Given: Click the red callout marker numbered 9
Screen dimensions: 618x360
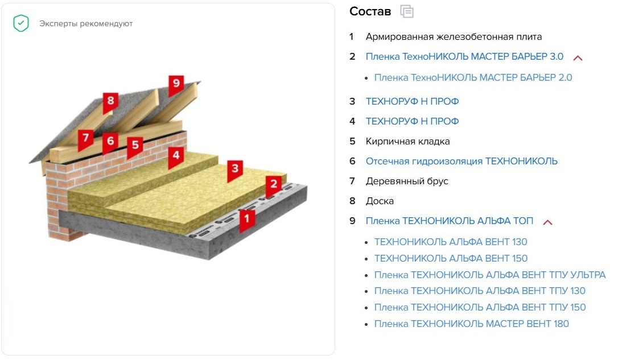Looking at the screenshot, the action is tap(176, 84).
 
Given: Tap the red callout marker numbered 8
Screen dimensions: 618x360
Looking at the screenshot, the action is tap(110, 102).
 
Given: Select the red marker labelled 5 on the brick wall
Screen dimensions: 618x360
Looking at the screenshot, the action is tap(135, 146).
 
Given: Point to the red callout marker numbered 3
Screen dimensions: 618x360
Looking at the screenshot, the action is tap(235, 169).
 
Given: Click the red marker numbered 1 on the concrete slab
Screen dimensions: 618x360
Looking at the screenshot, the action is tap(247, 219).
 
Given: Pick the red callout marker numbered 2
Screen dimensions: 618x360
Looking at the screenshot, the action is tap(274, 185).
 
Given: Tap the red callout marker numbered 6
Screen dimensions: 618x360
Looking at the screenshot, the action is tap(110, 142).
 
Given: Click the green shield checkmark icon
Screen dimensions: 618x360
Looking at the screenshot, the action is tap(21, 23).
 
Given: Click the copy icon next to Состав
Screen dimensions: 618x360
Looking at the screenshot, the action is tap(407, 11).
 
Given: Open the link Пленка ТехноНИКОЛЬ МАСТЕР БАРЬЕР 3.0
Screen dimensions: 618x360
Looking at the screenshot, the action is tap(464, 57).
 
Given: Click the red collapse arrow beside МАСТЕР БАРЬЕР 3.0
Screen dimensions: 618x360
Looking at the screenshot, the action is tap(578, 58).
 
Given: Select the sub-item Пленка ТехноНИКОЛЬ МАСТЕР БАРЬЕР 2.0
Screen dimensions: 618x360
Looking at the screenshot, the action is tap(473, 77).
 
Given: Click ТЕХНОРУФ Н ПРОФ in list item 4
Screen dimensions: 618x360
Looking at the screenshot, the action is tap(412, 121).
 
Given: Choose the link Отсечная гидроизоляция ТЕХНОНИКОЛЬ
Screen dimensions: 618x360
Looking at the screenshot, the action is tap(462, 161).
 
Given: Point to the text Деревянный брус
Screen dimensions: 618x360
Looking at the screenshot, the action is tap(407, 181).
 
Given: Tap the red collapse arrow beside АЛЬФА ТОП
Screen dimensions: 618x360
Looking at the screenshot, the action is tap(547, 222).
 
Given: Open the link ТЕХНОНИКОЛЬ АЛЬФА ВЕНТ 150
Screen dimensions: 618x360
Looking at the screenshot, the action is tap(451, 258).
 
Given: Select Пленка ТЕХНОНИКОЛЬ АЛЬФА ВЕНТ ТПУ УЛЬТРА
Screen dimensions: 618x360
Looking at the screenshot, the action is tap(490, 275).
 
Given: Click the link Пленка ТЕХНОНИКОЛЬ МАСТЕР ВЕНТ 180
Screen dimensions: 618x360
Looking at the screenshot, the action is tap(471, 324).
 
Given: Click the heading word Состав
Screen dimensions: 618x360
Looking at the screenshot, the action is tap(370, 11).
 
